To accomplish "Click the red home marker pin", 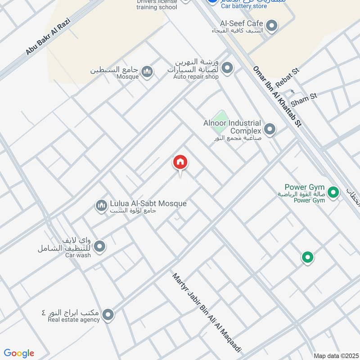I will (x=180, y=162).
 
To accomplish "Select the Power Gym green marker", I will (x=333, y=193).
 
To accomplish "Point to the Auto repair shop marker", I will (x=228, y=68).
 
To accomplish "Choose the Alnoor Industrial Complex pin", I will (x=270, y=130).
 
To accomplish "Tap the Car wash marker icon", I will (x=100, y=247).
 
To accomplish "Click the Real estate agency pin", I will (x=108, y=315).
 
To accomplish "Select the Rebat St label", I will (x=288, y=77).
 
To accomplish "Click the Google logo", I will (x=19, y=353).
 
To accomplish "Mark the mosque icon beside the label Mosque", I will (x=147, y=71).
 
